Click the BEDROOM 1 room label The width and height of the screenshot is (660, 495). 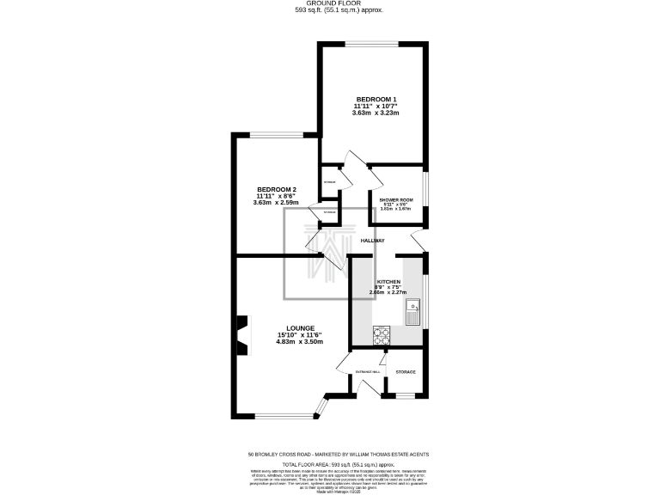[376, 99]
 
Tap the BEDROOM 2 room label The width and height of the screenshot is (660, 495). [276, 189]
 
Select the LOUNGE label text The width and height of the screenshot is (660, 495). [299, 327]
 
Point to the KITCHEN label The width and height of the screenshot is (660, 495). [388, 282]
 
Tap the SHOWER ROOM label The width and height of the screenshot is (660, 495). [396, 199]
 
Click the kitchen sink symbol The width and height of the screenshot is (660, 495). [413, 311]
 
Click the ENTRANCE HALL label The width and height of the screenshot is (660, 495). [356, 371]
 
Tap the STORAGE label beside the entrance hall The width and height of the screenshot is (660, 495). [405, 371]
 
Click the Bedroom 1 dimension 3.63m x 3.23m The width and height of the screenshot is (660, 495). [376, 113]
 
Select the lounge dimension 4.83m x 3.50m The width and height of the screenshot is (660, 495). [299, 341]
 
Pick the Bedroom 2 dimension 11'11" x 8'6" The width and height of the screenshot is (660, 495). [276, 196]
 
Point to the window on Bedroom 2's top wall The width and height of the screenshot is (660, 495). [277, 133]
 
